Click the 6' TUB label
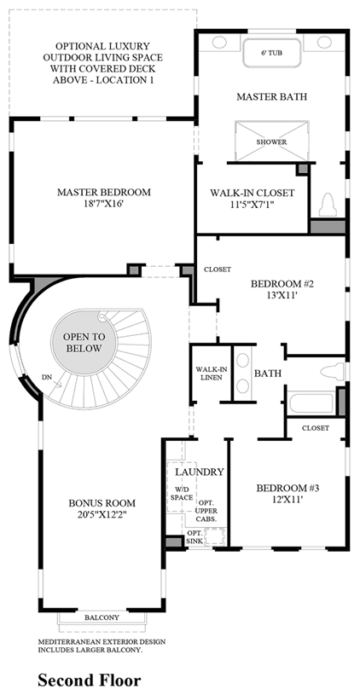tap(271, 53)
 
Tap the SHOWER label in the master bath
tap(271, 142)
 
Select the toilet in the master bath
tap(328, 205)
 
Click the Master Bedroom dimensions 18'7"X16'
tap(104, 205)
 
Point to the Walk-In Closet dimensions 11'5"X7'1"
tap(253, 206)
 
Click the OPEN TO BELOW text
tap(84, 342)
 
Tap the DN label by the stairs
tap(48, 377)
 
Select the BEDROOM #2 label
tap(282, 284)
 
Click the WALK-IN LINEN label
tap(209, 374)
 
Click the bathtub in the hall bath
tap(311, 403)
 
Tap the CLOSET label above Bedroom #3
tap(316, 428)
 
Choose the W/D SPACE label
tap(182, 494)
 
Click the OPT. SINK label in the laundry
tap(195, 537)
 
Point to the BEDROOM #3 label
tap(288, 488)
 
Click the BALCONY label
tap(102, 617)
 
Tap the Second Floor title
tap(89, 680)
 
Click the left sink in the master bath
tap(219, 43)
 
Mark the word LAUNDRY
tap(199, 472)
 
